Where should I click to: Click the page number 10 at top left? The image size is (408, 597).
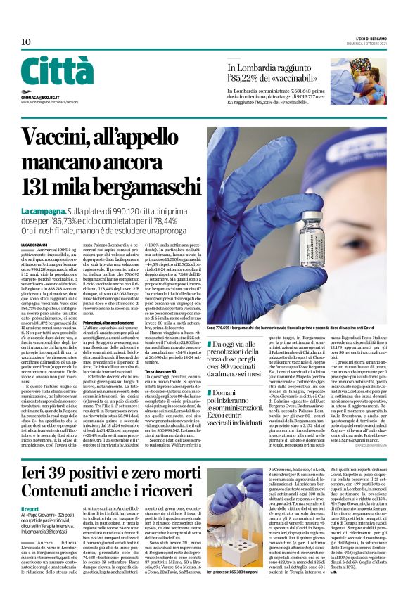(x=25, y=42)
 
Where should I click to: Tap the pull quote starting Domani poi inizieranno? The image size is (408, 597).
(x=237, y=404)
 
